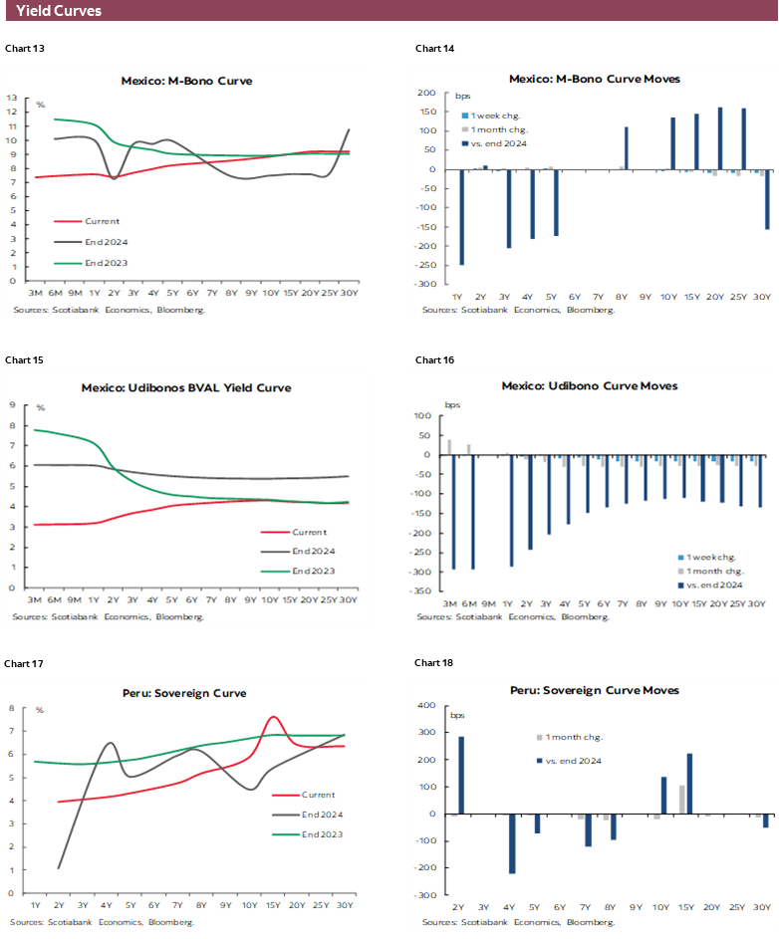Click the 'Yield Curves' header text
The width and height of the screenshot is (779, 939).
coord(59,12)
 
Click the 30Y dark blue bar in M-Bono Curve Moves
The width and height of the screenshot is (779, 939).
coord(767,199)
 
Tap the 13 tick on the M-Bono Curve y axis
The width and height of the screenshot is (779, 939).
coord(12,98)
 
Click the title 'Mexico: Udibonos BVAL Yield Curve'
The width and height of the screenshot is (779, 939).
coord(186,387)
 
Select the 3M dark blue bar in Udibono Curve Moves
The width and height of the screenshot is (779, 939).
coord(453,512)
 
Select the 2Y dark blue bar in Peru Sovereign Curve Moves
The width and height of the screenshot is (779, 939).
coord(461,775)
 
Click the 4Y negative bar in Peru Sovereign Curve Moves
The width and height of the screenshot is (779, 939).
coord(512,843)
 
